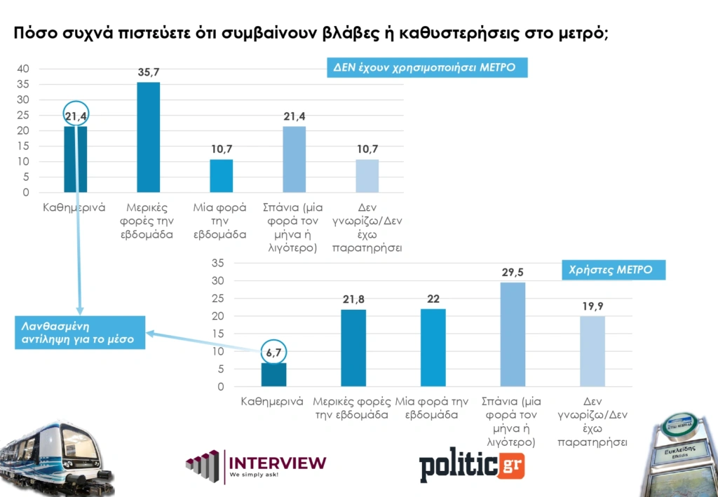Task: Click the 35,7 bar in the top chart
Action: [x=148, y=137]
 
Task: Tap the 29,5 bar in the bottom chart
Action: [x=513, y=334]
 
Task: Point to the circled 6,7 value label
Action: [x=273, y=352]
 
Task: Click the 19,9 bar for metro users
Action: [x=592, y=351]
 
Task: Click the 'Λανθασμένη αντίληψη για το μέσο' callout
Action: [x=79, y=333]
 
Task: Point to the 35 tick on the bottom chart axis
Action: [x=217, y=263]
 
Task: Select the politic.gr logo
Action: [x=472, y=466]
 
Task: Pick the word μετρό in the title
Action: [x=578, y=34]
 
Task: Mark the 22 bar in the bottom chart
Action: [x=433, y=348]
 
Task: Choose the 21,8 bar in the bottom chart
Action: [x=353, y=348]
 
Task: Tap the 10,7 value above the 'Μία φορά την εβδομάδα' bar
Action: [x=221, y=149]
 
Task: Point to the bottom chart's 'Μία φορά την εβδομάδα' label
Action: [x=432, y=408]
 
